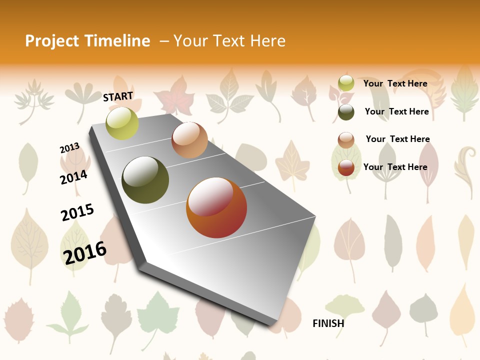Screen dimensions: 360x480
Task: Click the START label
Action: [118, 96]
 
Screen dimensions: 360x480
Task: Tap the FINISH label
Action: [328, 323]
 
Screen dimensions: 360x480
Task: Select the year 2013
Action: [70, 148]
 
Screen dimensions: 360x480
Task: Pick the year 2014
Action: [74, 177]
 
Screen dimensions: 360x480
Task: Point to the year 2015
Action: [77, 212]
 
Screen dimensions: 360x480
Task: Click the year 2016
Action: [85, 252]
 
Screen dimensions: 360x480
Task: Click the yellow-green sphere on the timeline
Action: [122, 123]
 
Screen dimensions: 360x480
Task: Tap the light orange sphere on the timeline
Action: [189, 140]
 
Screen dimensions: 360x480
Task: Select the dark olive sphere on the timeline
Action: [145, 180]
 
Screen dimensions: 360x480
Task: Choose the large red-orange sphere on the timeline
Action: [216, 207]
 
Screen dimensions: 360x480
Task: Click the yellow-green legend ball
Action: [346, 83]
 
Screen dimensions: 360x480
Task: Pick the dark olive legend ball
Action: [346, 112]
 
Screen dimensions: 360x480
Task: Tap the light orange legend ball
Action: [346, 140]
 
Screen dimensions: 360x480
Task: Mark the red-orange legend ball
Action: [346, 167]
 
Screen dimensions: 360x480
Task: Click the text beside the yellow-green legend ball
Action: [395, 83]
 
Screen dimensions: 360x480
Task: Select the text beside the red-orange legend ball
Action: [395, 167]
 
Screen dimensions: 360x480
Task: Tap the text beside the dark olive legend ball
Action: [397, 111]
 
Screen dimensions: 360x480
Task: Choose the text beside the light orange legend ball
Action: [398, 139]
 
